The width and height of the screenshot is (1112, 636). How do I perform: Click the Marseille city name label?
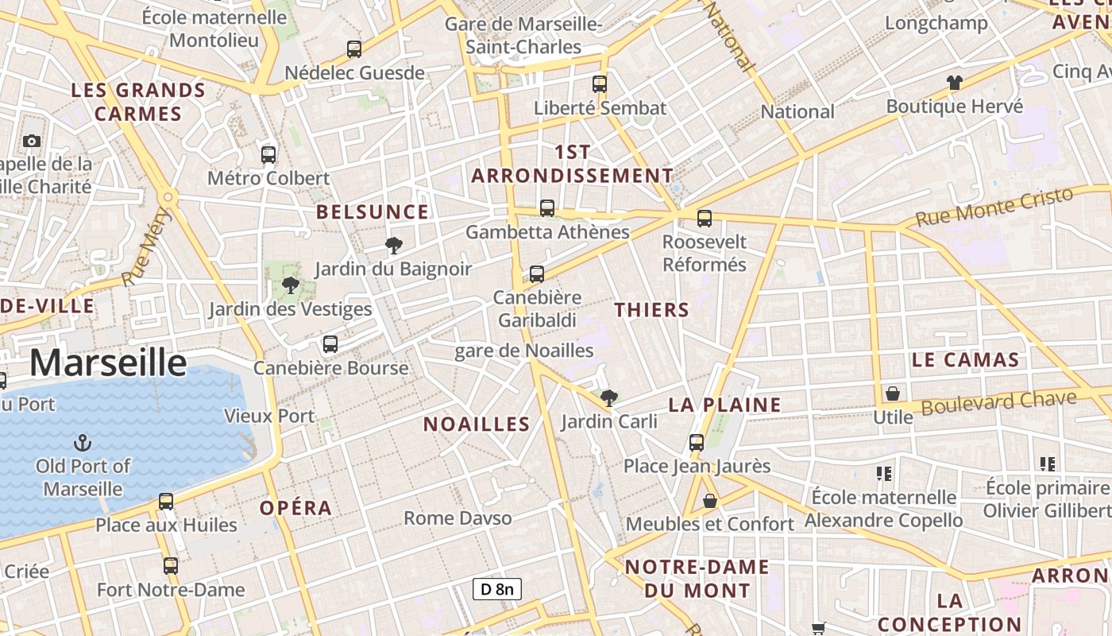point(108,363)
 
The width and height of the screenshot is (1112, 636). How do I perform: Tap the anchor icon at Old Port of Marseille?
point(82,442)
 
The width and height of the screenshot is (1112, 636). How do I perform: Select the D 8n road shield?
point(497,589)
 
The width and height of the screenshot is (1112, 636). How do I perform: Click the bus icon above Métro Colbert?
point(268,154)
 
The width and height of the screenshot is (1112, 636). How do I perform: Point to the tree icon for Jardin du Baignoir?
point(393,245)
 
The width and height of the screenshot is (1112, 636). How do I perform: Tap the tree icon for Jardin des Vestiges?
point(290,285)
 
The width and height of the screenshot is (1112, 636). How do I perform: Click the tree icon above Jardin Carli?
point(609,397)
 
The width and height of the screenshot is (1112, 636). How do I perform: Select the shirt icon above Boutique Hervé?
point(954,82)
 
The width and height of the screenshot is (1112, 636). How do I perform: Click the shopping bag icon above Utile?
point(893,394)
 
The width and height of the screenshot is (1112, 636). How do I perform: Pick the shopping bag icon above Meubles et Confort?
point(710,501)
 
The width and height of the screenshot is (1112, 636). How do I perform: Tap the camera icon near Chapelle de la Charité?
point(32,141)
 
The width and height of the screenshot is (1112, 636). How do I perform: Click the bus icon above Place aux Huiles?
point(166,501)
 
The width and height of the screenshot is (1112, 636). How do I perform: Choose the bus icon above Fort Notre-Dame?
point(171,566)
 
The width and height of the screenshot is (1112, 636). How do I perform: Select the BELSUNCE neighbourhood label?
point(373,212)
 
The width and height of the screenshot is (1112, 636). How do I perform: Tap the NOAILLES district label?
point(477,424)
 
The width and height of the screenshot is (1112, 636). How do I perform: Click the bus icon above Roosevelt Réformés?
point(705,218)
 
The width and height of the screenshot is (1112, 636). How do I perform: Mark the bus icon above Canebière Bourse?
point(330,344)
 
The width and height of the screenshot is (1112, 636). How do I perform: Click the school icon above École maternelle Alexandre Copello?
point(884,474)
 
